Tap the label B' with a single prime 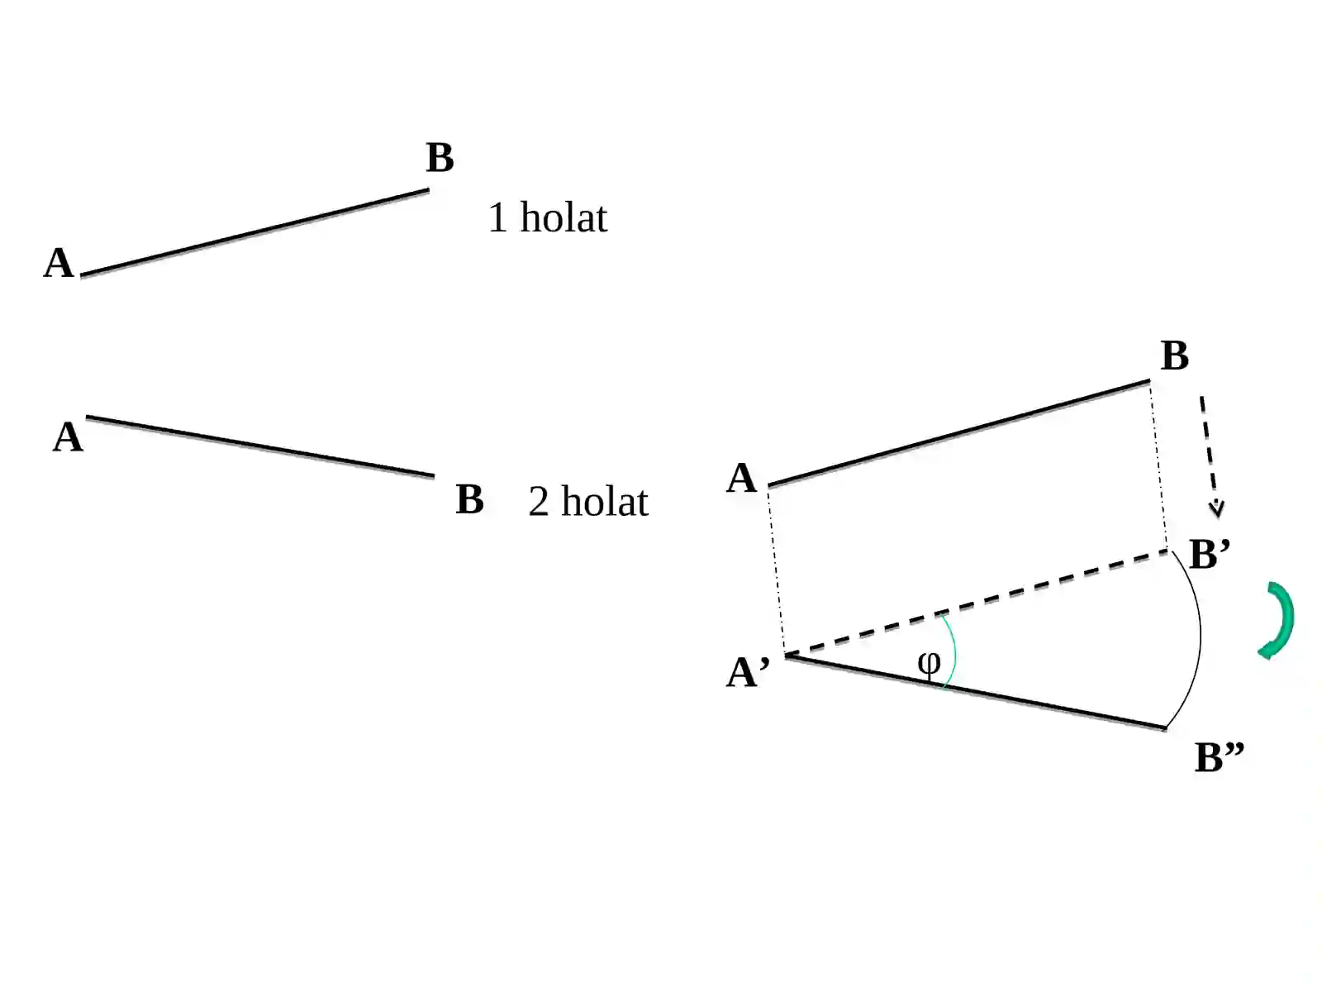click(1210, 554)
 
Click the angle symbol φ click(928, 665)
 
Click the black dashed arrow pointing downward click(1210, 456)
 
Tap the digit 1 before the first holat click(497, 217)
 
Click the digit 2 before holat click(539, 502)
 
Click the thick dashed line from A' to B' click(976, 603)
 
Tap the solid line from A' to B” click(976, 693)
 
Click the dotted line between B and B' click(1158, 465)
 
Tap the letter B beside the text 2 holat click(470, 499)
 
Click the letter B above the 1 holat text click(440, 158)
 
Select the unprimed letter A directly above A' click(741, 479)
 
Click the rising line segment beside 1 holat click(254, 233)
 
